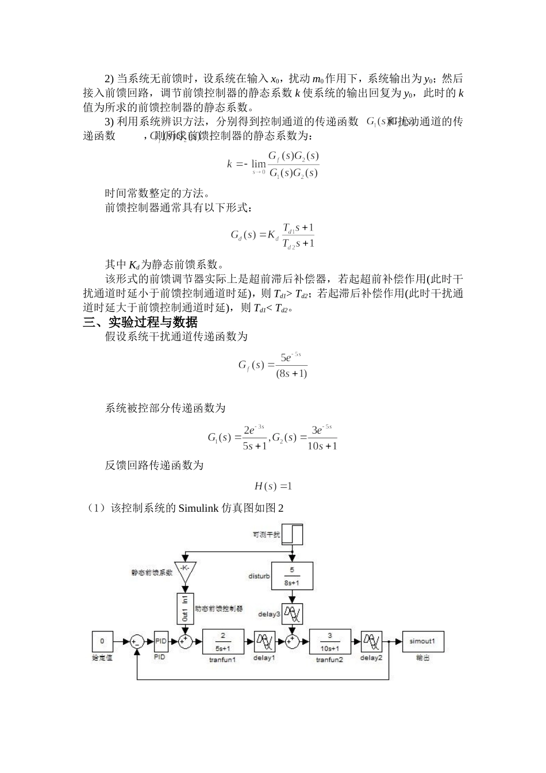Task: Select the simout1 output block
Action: [x=422, y=641]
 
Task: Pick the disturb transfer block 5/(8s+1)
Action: [x=291, y=576]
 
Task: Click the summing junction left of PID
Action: [x=136, y=641]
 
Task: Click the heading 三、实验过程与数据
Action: [x=140, y=323]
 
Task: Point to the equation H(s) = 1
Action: [x=273, y=487]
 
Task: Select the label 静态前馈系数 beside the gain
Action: [x=152, y=573]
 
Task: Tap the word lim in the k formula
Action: [x=259, y=163]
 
